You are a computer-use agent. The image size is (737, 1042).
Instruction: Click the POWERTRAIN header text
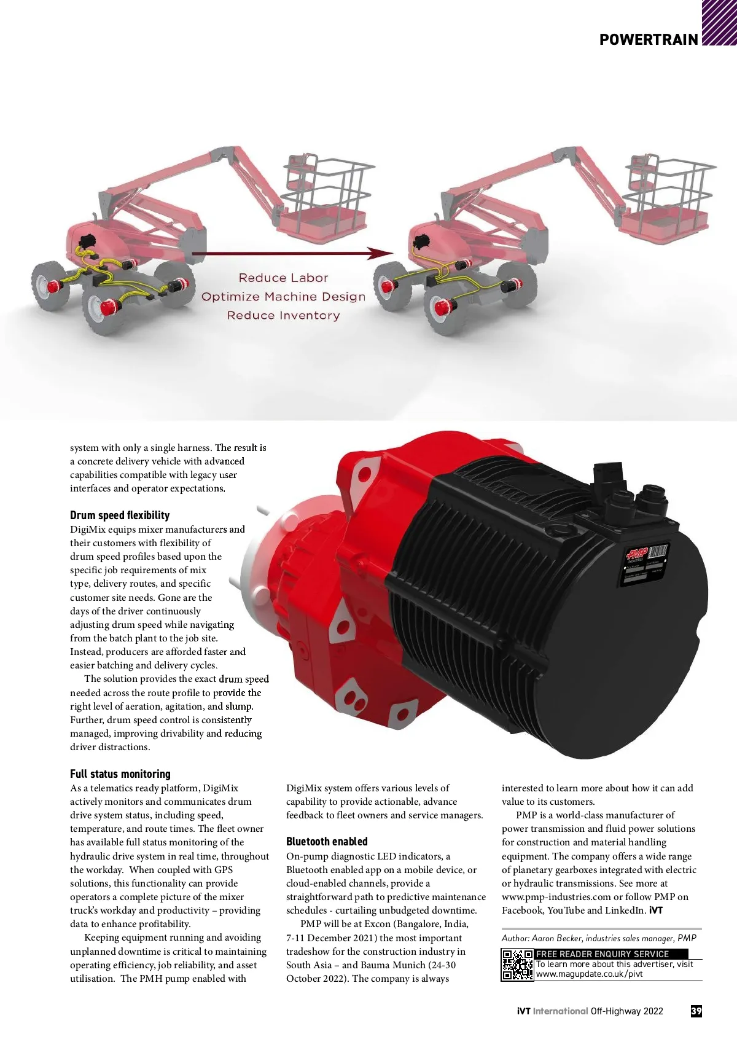click(649, 40)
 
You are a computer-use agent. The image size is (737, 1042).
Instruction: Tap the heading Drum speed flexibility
click(120, 515)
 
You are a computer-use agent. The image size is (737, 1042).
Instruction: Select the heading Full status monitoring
click(120, 774)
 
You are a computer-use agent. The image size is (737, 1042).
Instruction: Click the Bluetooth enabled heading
click(327, 842)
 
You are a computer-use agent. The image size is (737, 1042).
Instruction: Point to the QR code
click(517, 965)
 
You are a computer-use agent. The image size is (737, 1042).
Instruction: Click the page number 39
click(696, 1011)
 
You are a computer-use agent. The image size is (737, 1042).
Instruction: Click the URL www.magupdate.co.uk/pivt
click(589, 974)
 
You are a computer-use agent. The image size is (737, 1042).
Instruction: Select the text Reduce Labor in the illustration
click(283, 278)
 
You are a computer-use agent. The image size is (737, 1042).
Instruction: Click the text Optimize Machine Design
click(283, 297)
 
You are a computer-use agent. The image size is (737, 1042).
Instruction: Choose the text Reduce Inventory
click(283, 316)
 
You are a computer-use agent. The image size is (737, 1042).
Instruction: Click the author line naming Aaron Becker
click(599, 938)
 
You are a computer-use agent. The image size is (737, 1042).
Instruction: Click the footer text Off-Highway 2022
click(626, 1011)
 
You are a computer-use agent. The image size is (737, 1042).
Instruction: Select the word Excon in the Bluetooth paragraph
click(377, 924)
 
